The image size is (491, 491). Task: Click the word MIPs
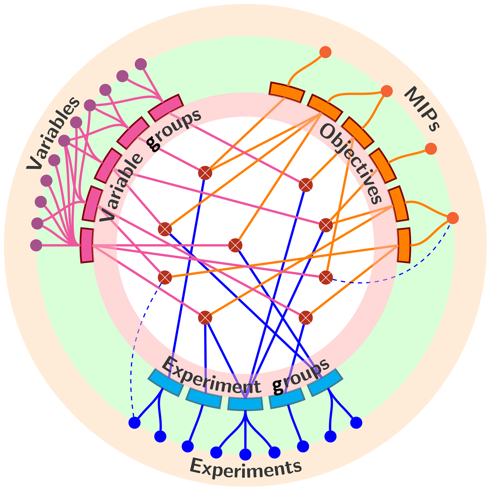422,109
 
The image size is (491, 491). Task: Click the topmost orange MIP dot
325,52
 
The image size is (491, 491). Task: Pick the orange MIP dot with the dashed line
453,218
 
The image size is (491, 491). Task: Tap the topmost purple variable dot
141,64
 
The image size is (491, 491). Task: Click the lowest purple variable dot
36,245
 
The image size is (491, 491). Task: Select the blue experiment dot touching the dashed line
134,423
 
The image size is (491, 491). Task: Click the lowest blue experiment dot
245,454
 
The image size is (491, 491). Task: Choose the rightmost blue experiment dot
356,423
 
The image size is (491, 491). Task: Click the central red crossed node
235,245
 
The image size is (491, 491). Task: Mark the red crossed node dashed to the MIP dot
326,277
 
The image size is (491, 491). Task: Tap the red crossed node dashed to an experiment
165,277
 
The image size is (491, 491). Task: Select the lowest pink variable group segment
87,245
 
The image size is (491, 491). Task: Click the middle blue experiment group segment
245,404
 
